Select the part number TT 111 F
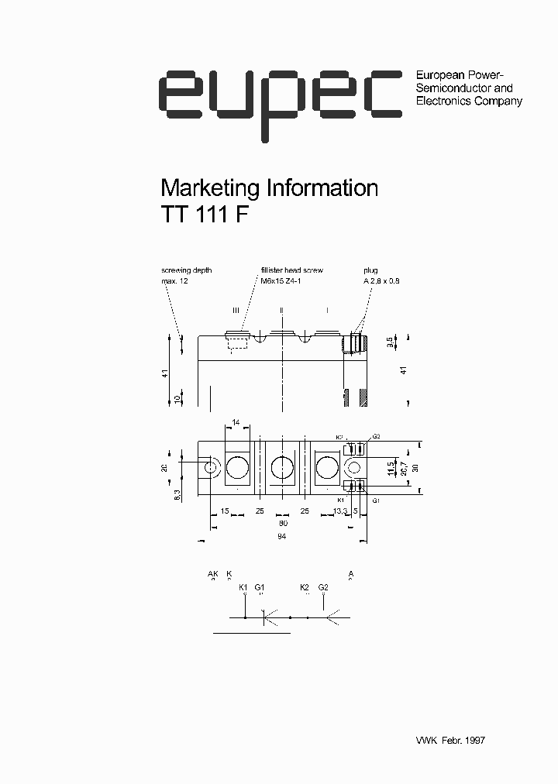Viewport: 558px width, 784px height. pyautogui.click(x=205, y=215)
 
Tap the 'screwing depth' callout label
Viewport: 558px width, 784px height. pyautogui.click(x=186, y=270)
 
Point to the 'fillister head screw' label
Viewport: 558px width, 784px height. pyautogui.click(x=291, y=270)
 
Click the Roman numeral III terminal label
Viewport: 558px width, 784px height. pyautogui.click(x=236, y=310)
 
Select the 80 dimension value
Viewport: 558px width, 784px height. pyautogui.click(x=284, y=523)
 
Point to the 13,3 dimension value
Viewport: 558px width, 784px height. pyautogui.click(x=341, y=511)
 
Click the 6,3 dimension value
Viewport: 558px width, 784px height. pyautogui.click(x=177, y=495)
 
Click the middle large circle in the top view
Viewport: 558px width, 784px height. pyautogui.click(x=283, y=467)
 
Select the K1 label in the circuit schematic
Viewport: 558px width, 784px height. pyautogui.click(x=243, y=587)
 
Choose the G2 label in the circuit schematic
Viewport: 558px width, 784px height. pyautogui.click(x=323, y=587)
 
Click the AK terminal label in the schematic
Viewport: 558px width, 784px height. pyautogui.click(x=213, y=574)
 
